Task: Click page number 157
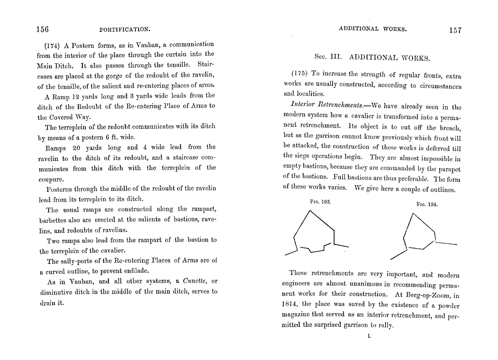pos(455,30)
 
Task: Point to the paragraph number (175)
pos(299,74)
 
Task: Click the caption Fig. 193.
pos(320,201)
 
